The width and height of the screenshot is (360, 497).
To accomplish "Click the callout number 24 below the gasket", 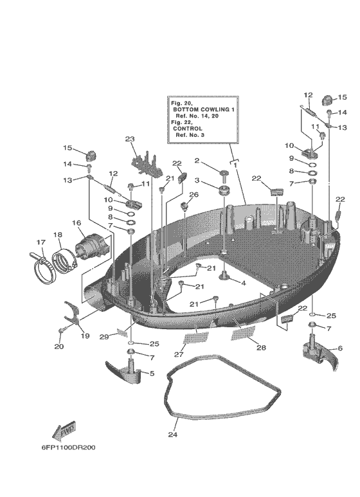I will (x=172, y=435).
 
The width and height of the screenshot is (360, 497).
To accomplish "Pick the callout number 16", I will (x=76, y=223).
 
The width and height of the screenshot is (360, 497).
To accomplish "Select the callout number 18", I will (x=57, y=235).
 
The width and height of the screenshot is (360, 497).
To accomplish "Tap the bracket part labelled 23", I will (x=147, y=160).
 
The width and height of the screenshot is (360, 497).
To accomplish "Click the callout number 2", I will (x=197, y=161).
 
